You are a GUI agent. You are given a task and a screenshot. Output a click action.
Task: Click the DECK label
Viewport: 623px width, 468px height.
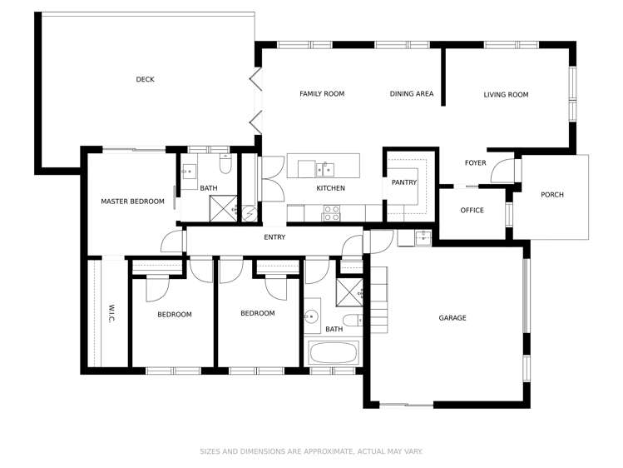(x=146, y=80)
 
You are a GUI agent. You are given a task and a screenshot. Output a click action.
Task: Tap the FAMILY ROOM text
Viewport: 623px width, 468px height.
(x=322, y=94)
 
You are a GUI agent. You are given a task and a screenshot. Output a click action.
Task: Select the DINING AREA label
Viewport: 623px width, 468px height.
(x=412, y=94)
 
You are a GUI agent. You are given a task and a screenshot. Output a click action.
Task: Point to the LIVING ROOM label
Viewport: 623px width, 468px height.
(x=506, y=95)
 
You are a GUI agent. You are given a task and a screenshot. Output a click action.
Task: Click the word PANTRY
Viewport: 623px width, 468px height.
(x=403, y=182)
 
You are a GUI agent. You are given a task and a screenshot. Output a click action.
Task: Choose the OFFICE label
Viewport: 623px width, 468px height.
(x=472, y=210)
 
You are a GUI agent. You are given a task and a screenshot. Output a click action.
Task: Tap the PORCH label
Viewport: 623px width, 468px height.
(x=551, y=195)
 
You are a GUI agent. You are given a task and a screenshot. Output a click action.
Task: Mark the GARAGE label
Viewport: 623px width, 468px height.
(x=452, y=318)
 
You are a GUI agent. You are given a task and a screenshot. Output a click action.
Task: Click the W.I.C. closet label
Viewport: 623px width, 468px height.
(x=111, y=313)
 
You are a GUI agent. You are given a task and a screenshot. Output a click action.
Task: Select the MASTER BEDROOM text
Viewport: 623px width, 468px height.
(x=132, y=202)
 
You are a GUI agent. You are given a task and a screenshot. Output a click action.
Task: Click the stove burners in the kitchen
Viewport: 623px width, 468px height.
(x=330, y=217)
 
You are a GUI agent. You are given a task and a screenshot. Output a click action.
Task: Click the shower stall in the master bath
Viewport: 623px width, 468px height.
(x=224, y=211)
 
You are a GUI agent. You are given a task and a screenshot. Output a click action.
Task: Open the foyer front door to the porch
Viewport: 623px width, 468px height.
(x=501, y=172)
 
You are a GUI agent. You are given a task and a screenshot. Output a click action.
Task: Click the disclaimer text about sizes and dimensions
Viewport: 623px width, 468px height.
(x=311, y=451)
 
